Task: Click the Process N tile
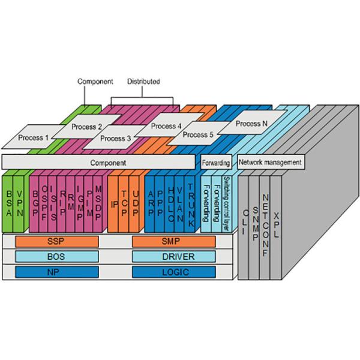click(248, 124)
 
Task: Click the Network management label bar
click(269, 162)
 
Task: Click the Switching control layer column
click(226, 201)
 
